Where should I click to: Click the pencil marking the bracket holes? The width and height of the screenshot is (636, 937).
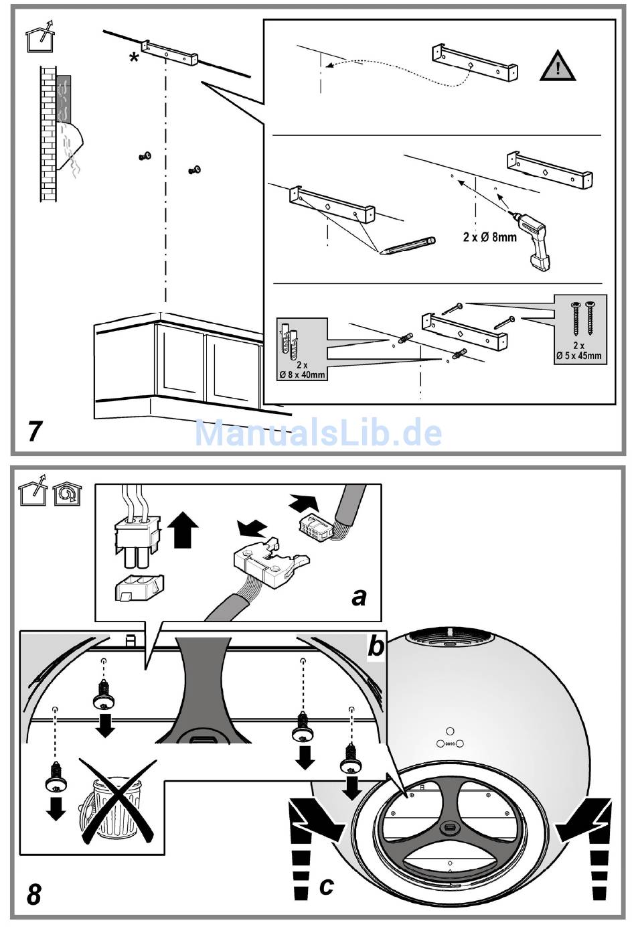[x=407, y=246]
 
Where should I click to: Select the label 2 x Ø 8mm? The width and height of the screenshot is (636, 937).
[x=489, y=236]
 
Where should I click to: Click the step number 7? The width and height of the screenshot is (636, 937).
[x=35, y=431]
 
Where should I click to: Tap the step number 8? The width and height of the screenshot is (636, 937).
[x=34, y=894]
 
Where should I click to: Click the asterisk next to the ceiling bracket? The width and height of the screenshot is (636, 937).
[x=135, y=58]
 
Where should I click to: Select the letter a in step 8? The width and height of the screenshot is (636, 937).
[x=360, y=595]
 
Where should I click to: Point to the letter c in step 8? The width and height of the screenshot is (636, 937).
[x=326, y=885]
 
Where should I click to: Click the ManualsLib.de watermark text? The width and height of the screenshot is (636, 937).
[x=318, y=433]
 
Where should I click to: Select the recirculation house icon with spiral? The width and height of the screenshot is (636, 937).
[x=66, y=493]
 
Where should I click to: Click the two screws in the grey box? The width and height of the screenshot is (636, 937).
[x=581, y=319]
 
